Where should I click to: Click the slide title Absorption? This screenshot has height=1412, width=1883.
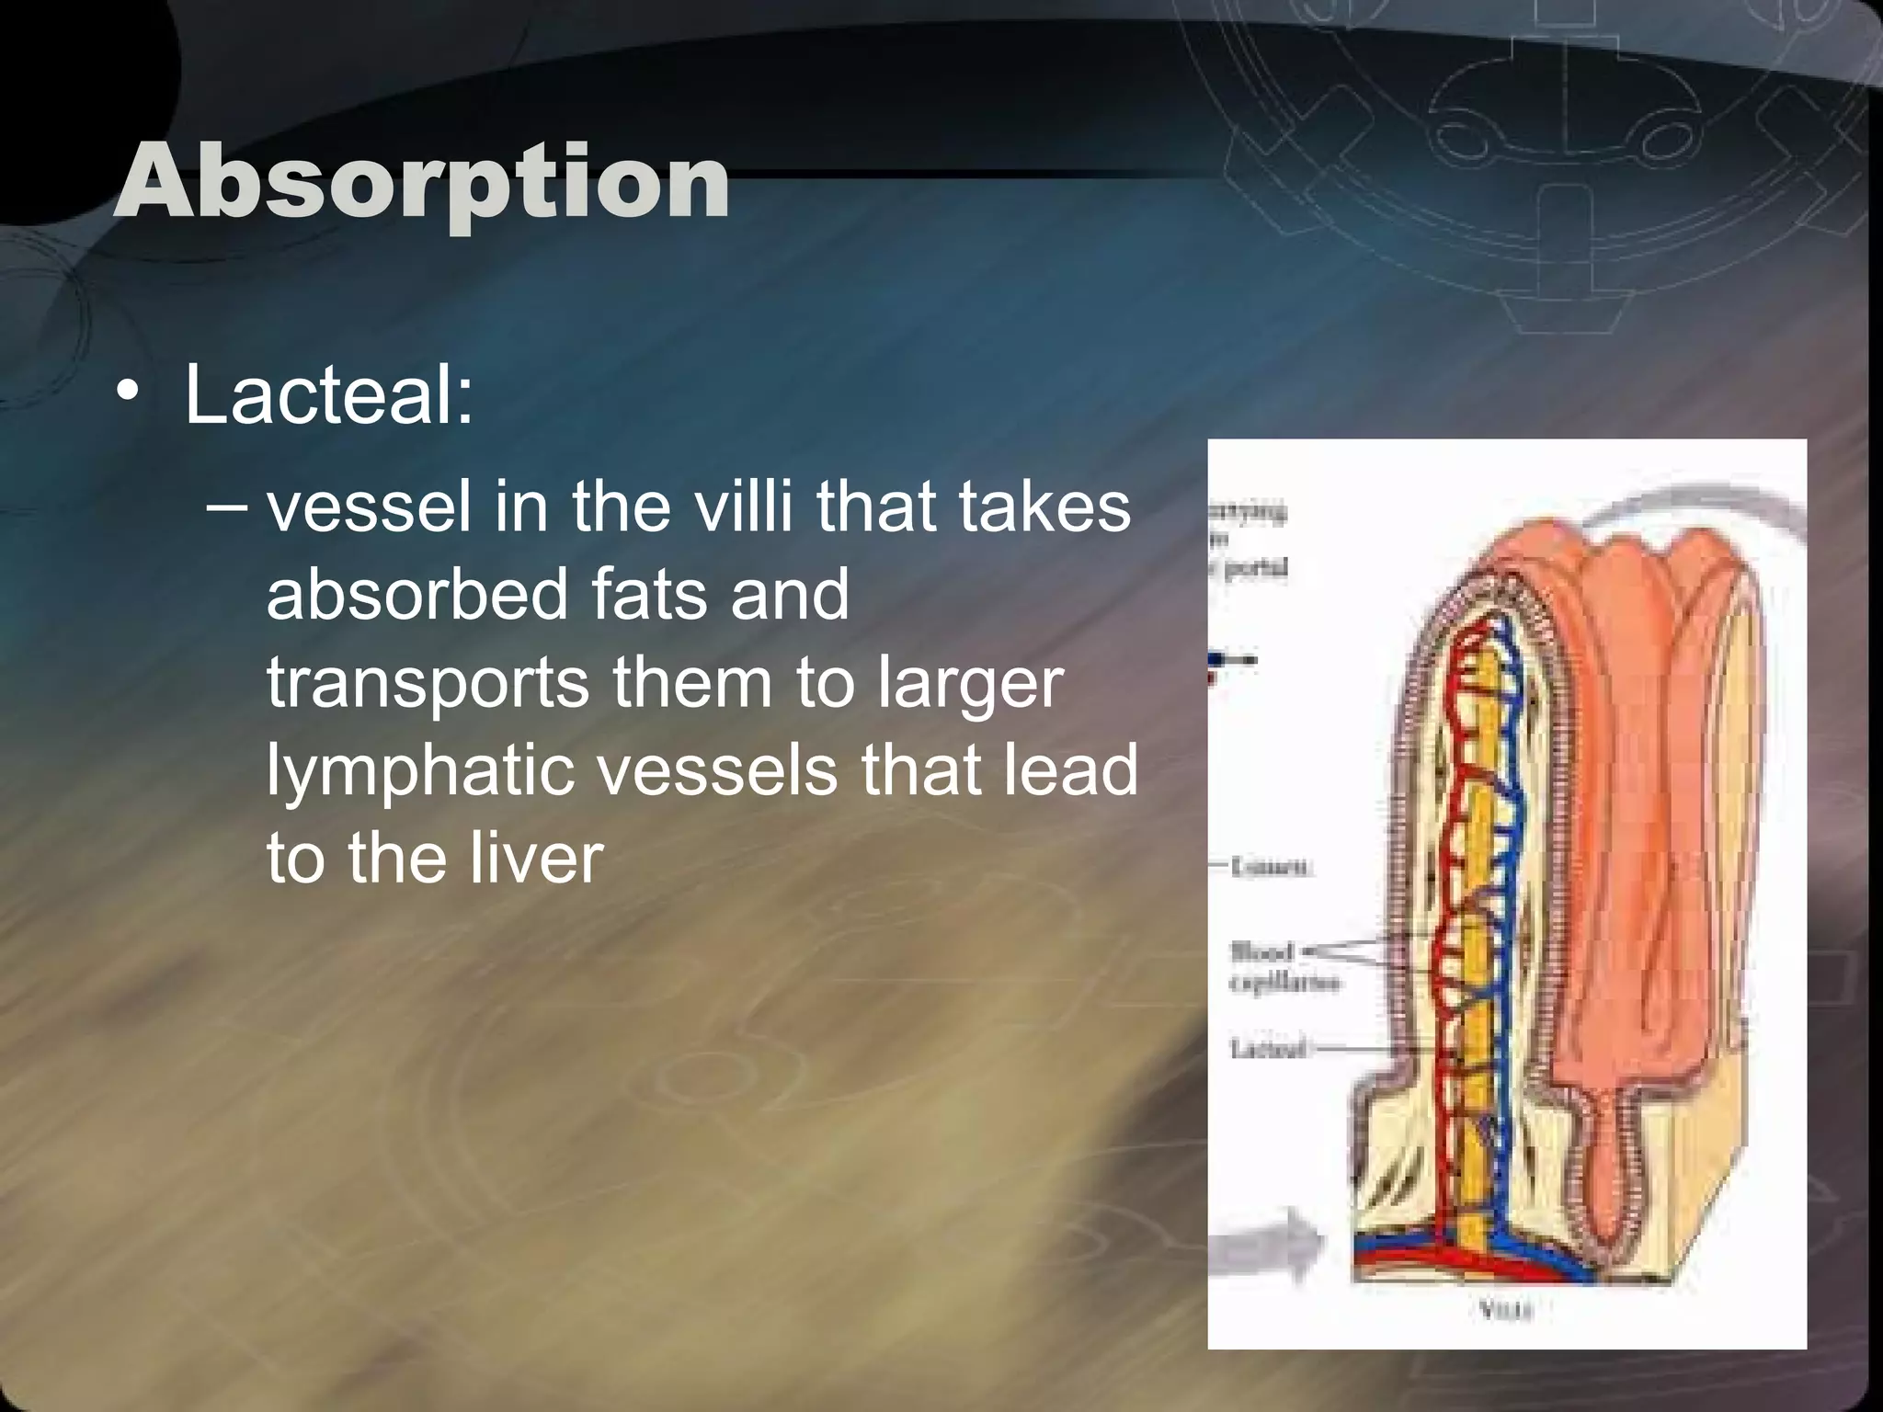[x=422, y=182]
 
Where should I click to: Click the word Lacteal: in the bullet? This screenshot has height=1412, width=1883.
[x=328, y=395]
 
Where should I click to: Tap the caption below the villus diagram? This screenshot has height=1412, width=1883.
[x=1506, y=1310]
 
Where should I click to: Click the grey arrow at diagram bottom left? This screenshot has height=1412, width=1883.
[x=1264, y=1246]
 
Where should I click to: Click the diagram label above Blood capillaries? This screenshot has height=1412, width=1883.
[x=1272, y=866]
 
